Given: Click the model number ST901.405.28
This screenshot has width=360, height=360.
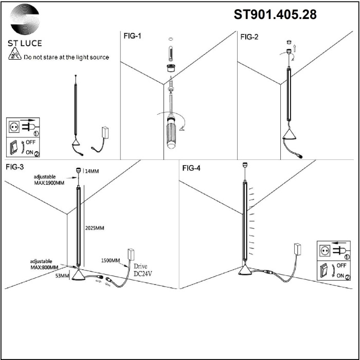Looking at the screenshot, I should [x=275, y=15].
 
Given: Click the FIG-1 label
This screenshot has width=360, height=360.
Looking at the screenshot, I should [x=132, y=37].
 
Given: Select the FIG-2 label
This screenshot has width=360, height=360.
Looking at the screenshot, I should [x=249, y=37].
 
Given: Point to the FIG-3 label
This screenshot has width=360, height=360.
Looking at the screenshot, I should [x=15, y=167].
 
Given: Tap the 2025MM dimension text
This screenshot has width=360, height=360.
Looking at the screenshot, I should [x=95, y=227].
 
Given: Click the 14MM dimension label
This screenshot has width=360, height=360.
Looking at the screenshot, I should [x=91, y=171].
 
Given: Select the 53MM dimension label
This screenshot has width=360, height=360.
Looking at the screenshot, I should [x=61, y=276].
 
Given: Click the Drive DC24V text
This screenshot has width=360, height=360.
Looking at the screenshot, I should [x=143, y=271].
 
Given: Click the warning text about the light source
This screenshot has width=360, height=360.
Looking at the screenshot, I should [x=66, y=58].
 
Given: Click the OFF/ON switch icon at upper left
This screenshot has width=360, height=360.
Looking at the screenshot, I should [x=24, y=147].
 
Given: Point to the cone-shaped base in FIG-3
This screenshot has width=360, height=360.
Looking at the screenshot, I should [x=79, y=277].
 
